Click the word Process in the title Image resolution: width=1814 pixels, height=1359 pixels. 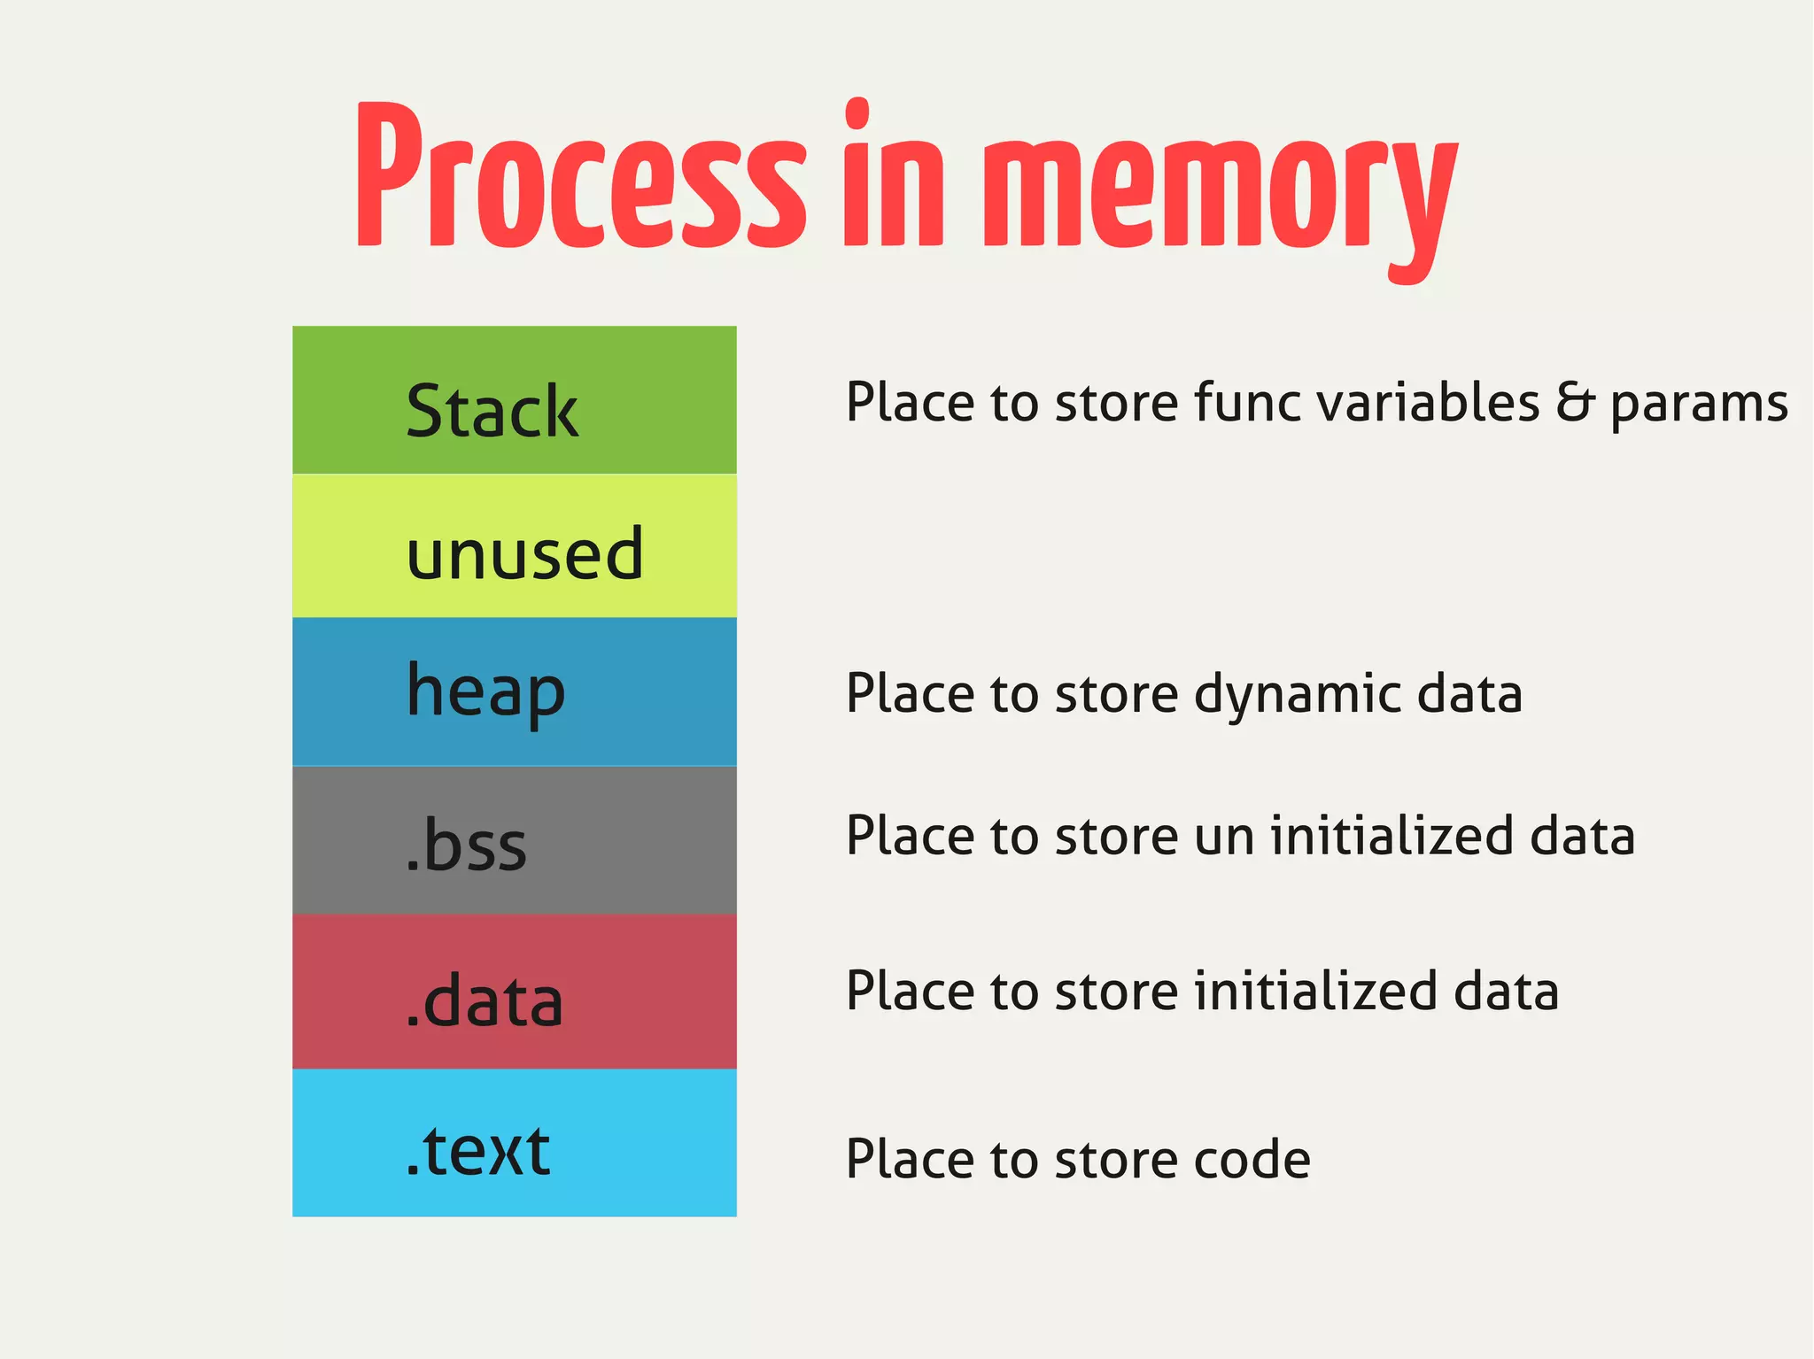[580, 177]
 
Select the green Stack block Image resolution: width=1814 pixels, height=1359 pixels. [514, 400]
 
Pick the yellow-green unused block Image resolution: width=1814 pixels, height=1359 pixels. [514, 546]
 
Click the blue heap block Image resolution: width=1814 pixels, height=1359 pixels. [514, 691]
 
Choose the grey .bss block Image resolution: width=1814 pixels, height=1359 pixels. [514, 840]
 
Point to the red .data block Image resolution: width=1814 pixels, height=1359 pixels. [514, 992]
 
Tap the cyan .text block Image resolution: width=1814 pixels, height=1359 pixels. [514, 1143]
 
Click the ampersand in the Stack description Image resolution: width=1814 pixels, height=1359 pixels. [1576, 402]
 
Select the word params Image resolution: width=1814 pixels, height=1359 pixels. [1698, 405]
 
